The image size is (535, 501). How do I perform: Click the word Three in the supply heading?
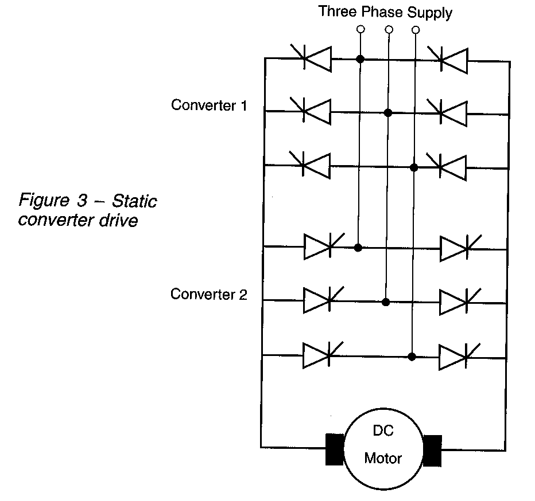336,11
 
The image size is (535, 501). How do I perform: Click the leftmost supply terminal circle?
360,29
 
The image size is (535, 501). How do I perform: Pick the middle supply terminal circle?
389,29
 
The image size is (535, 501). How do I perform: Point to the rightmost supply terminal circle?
416,29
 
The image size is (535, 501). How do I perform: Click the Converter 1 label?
209,105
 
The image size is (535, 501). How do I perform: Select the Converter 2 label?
209,295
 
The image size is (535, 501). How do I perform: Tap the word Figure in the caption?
42,201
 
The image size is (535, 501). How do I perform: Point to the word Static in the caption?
134,201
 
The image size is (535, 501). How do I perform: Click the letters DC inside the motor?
383,431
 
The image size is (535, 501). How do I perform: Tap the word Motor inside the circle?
383,459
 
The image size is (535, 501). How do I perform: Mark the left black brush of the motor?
334,450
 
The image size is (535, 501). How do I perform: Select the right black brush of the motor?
432,450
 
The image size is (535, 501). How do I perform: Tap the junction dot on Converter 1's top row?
360,58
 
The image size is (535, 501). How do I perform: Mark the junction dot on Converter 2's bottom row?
412,356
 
